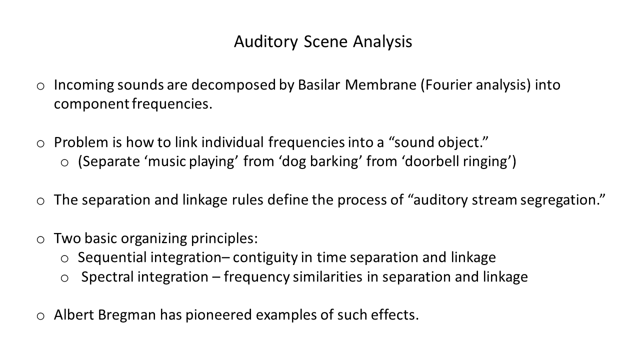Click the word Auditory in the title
point(266,42)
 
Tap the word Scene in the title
point(325,41)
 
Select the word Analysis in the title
point(382,42)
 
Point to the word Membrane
point(380,85)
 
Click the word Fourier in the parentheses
point(446,85)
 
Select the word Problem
point(81,142)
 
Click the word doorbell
point(431,161)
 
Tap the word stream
point(494,200)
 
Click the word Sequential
point(112,257)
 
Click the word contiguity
point(265,258)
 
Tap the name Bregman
point(127,315)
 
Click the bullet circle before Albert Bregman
point(40,316)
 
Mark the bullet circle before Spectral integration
point(64,278)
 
